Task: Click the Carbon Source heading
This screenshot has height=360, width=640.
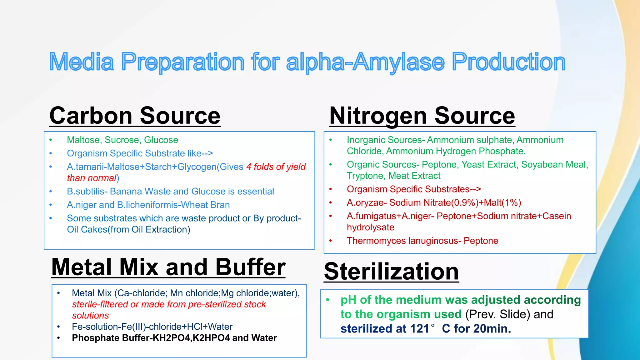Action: [135, 116]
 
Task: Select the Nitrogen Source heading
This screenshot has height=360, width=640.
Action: [422, 116]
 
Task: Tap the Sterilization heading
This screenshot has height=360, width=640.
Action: [391, 271]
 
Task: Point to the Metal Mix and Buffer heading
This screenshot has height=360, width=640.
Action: [168, 267]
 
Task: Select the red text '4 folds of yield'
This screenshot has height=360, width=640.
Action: [276, 167]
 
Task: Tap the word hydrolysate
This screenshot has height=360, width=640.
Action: [370, 227]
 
